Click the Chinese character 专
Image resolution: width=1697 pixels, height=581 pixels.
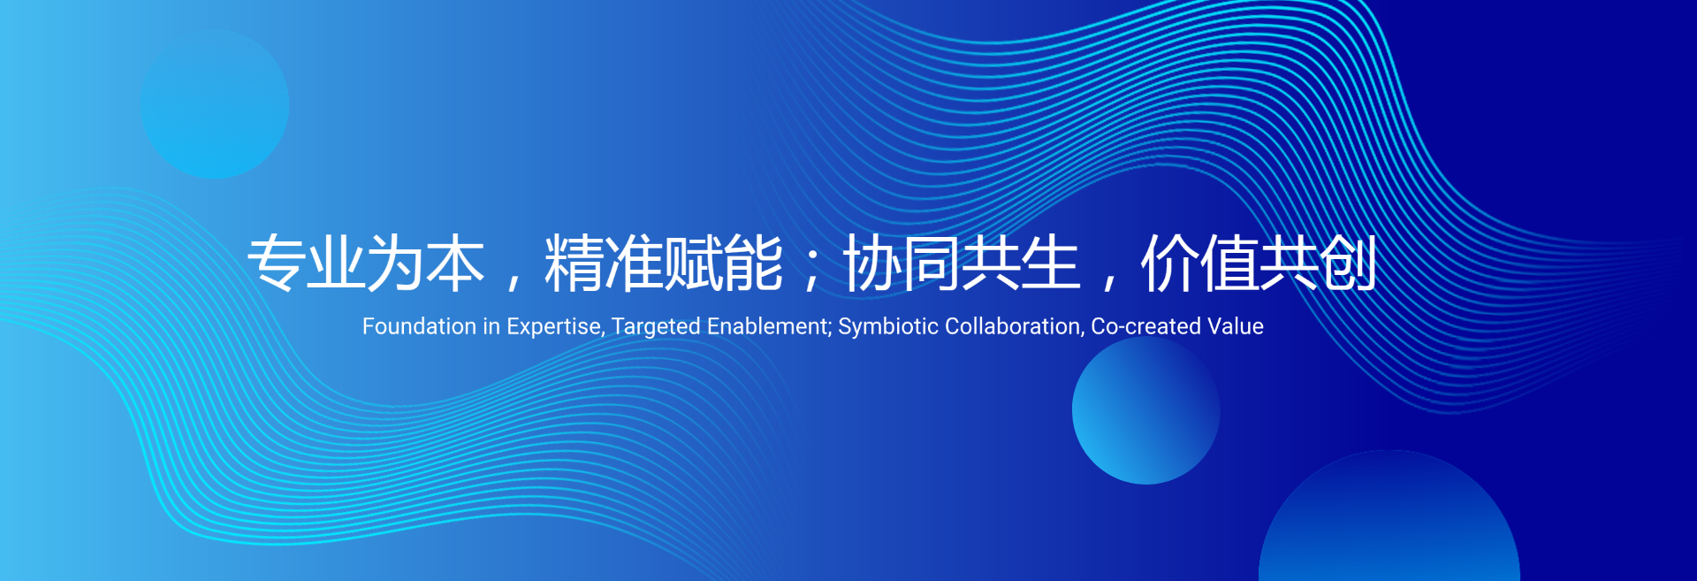[x=277, y=264]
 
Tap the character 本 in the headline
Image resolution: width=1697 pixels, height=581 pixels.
[x=456, y=264]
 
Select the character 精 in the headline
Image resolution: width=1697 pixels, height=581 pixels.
[x=575, y=264]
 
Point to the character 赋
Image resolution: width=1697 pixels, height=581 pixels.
[x=694, y=264]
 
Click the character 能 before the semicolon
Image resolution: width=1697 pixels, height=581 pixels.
[x=754, y=264]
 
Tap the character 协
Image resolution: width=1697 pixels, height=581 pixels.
[x=873, y=264]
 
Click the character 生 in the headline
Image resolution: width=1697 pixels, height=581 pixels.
[x=1052, y=264]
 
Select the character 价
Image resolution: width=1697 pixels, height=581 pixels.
[x=1170, y=264]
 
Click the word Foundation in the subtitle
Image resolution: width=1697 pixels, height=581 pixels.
[x=420, y=326]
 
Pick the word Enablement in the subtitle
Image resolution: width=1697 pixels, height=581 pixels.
[x=769, y=327]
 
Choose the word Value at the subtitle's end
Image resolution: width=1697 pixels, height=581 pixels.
[x=1236, y=326]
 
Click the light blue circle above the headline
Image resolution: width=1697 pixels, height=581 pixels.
[x=215, y=104]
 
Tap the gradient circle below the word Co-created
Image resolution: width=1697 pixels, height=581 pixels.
[x=1146, y=410]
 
